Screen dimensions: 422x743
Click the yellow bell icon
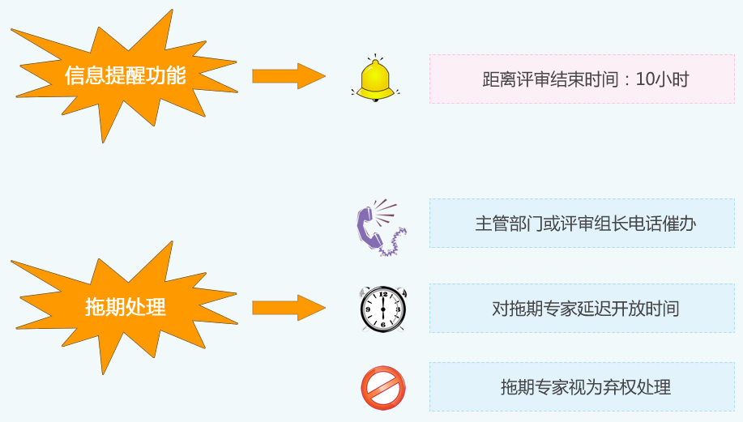375,79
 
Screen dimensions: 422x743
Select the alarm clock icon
382,309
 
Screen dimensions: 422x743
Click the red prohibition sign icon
382,388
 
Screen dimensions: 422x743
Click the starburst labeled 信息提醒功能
125,76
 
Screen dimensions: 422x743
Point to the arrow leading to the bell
288,76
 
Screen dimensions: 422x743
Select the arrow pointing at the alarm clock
288,308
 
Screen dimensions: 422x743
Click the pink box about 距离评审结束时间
582,79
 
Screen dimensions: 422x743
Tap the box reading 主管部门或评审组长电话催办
582,224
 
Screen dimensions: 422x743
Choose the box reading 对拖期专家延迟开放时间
582,309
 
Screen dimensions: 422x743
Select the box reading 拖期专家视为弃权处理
582,387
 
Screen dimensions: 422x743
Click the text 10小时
663,79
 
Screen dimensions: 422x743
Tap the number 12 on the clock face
382,296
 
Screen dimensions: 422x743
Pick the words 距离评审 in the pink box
510,79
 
